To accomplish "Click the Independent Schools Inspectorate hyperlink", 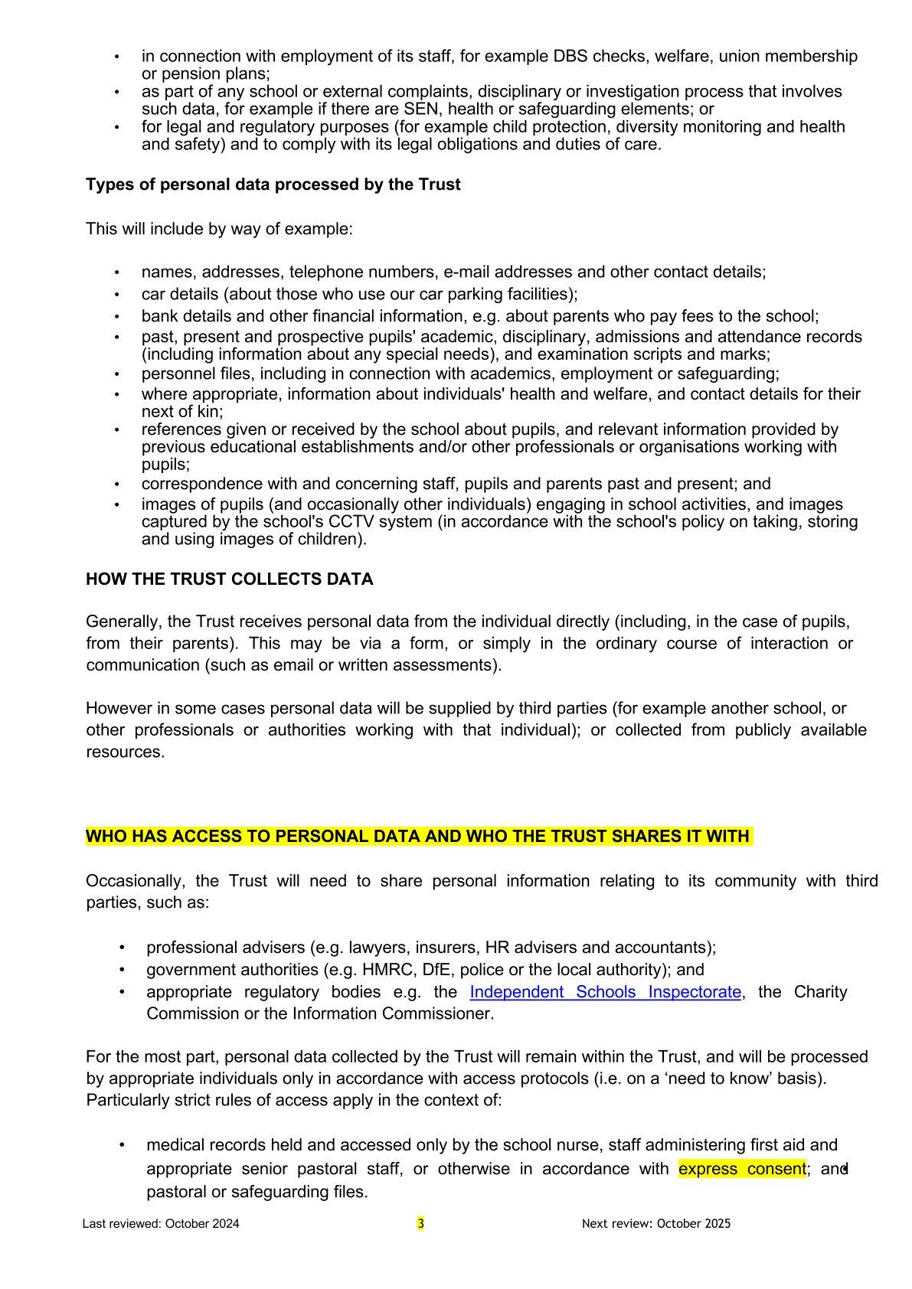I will coord(605,992).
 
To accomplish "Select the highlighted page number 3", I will coord(420,1223).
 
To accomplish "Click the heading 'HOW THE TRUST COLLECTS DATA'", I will coord(230,579).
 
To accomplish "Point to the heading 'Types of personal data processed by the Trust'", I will coord(273,184).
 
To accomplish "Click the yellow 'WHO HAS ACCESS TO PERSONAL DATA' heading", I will coord(418,836).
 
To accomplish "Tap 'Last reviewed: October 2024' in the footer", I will coord(161,1223).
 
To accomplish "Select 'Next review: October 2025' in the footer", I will coord(656,1223).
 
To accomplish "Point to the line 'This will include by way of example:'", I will coord(219,229).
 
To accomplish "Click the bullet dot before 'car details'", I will coord(117,295).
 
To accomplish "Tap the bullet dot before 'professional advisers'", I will coord(123,948).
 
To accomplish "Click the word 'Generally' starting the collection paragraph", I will coord(119,621).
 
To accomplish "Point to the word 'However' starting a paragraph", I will coord(116,708).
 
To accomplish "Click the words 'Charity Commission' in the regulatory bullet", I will coord(819,992).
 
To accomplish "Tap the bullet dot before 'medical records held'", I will coord(123,1145).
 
